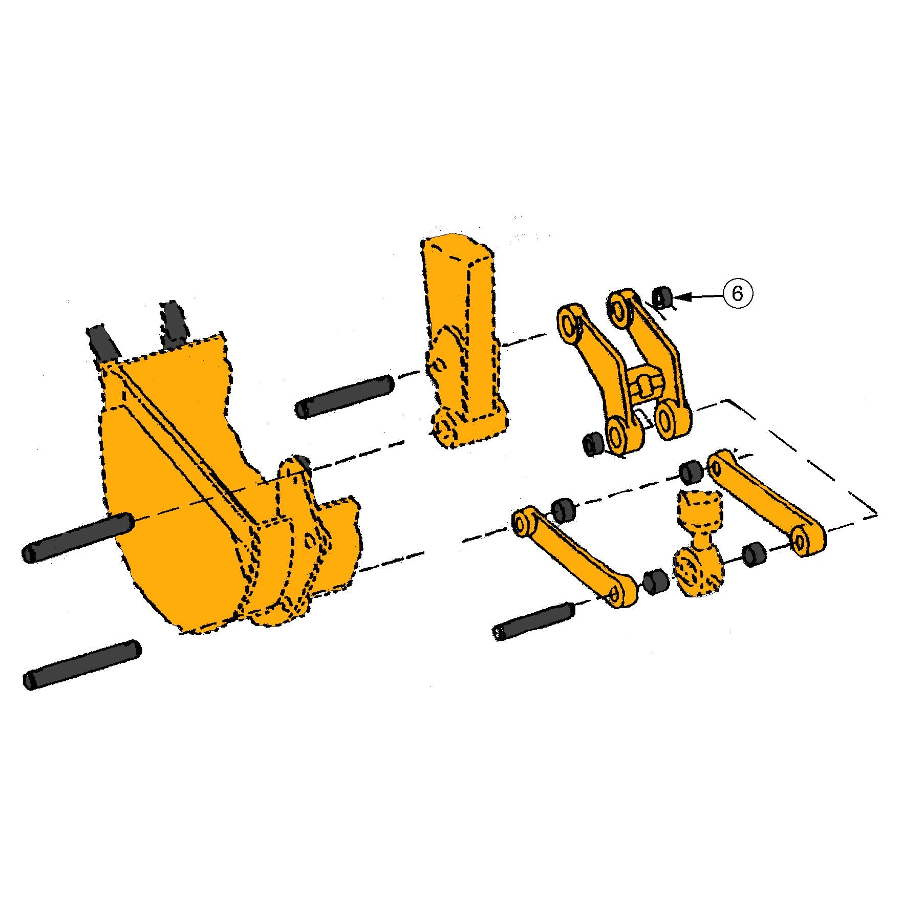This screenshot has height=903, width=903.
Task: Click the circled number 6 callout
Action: point(737,293)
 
